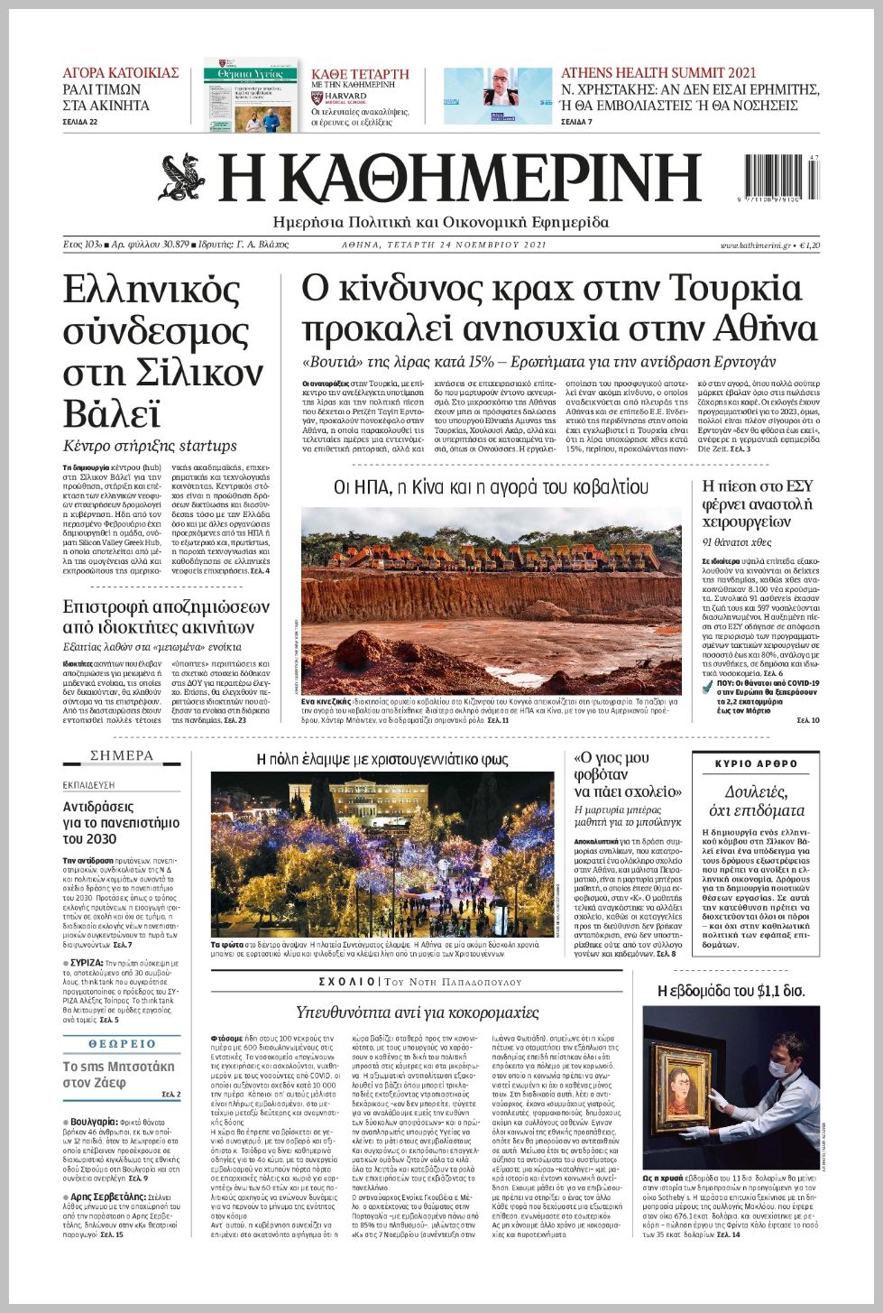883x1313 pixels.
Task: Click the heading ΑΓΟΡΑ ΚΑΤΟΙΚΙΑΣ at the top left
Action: (121, 73)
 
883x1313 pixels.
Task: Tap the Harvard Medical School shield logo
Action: (317, 97)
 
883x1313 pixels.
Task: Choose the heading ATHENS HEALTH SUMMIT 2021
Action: (658, 73)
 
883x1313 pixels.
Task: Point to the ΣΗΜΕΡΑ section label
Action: (122, 755)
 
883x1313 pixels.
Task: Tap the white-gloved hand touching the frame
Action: (719, 1100)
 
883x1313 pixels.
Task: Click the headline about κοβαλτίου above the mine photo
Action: (491, 487)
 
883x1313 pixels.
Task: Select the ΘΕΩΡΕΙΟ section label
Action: (122, 1044)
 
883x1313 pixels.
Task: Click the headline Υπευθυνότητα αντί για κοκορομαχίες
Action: (418, 1012)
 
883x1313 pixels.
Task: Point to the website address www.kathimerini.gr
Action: (755, 245)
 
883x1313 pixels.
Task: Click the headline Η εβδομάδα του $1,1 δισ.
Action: (731, 991)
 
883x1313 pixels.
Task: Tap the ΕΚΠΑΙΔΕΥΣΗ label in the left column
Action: (89, 785)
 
